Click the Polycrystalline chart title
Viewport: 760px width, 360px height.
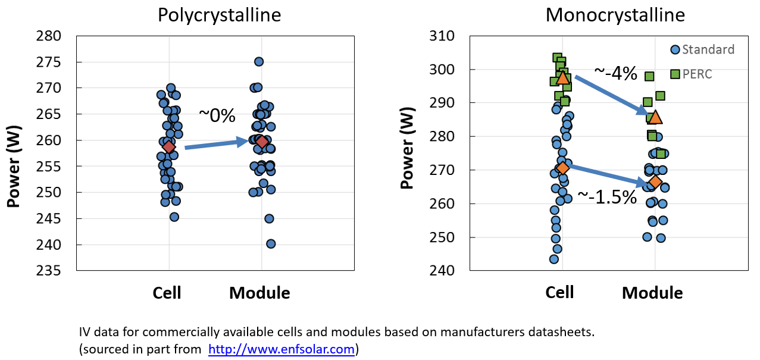pos(219,15)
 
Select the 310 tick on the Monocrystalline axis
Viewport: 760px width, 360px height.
pos(442,36)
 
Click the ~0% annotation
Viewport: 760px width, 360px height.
pos(217,115)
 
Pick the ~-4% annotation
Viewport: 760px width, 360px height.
pos(616,74)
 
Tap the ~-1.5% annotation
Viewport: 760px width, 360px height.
pos(607,197)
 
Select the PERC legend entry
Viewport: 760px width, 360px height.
pos(697,74)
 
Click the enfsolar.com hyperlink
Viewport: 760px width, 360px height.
pos(282,349)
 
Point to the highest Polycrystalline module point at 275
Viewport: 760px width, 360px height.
pos(259,62)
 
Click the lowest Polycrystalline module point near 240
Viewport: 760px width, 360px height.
pos(271,244)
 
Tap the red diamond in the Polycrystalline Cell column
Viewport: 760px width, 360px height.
pos(169,147)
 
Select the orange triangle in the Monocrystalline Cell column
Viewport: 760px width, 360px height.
pos(563,77)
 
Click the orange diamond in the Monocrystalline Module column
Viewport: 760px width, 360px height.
pos(655,181)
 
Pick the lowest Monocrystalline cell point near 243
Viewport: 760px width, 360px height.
pos(554,259)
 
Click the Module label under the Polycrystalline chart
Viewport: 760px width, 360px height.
pos(259,293)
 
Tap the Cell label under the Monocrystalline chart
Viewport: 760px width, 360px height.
pos(559,292)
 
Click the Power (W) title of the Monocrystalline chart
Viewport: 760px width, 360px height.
pos(408,153)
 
